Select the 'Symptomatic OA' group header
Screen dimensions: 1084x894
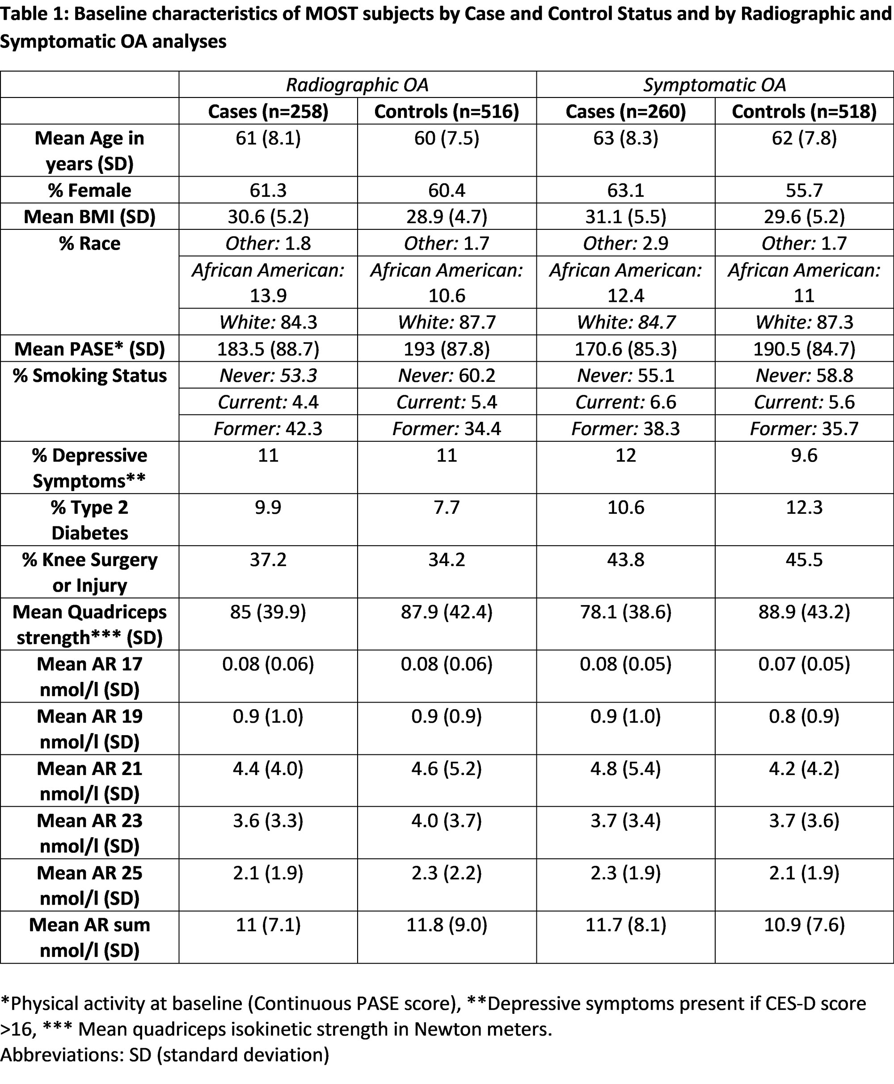click(714, 85)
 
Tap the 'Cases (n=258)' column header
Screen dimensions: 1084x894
click(268, 111)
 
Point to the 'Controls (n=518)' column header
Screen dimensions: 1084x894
click(804, 111)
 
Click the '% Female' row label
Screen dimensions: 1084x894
click(89, 190)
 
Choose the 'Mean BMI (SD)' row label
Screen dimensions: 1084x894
click(89, 216)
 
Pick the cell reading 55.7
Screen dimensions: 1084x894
click(804, 190)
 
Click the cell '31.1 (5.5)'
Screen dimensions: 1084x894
click(625, 216)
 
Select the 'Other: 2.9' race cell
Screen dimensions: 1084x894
click(625, 243)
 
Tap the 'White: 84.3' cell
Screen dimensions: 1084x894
click(268, 322)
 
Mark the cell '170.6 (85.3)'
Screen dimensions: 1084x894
click(625, 349)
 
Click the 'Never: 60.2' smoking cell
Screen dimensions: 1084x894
click(447, 375)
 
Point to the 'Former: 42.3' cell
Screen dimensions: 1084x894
click(268, 428)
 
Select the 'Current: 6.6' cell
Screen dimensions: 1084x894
click(625, 402)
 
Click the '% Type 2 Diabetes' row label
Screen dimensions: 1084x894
click(89, 520)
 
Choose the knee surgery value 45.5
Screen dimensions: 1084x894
click(804, 559)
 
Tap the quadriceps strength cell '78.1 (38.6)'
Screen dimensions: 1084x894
click(625, 612)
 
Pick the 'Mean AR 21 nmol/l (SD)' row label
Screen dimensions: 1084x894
click(89, 780)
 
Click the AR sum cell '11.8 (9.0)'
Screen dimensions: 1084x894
click(447, 925)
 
